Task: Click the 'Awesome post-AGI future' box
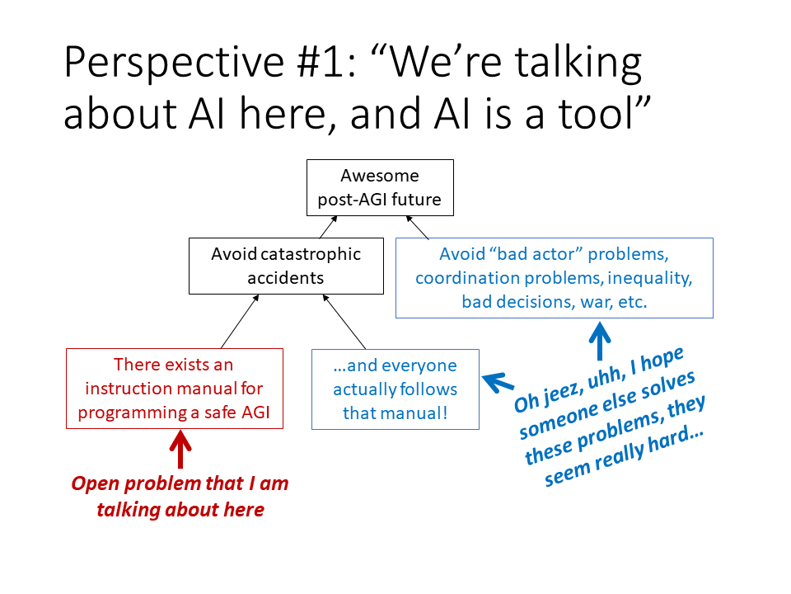[x=380, y=187]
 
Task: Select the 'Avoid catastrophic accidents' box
[x=286, y=266]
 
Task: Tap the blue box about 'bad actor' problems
[x=554, y=277]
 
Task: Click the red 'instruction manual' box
[x=174, y=388]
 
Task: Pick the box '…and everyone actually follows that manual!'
[x=395, y=389]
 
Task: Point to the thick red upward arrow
[x=180, y=452]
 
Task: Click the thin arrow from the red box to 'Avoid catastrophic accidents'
[x=240, y=322]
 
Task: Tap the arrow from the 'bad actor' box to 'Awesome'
[x=419, y=227]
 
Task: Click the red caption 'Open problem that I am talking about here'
[x=180, y=496]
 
